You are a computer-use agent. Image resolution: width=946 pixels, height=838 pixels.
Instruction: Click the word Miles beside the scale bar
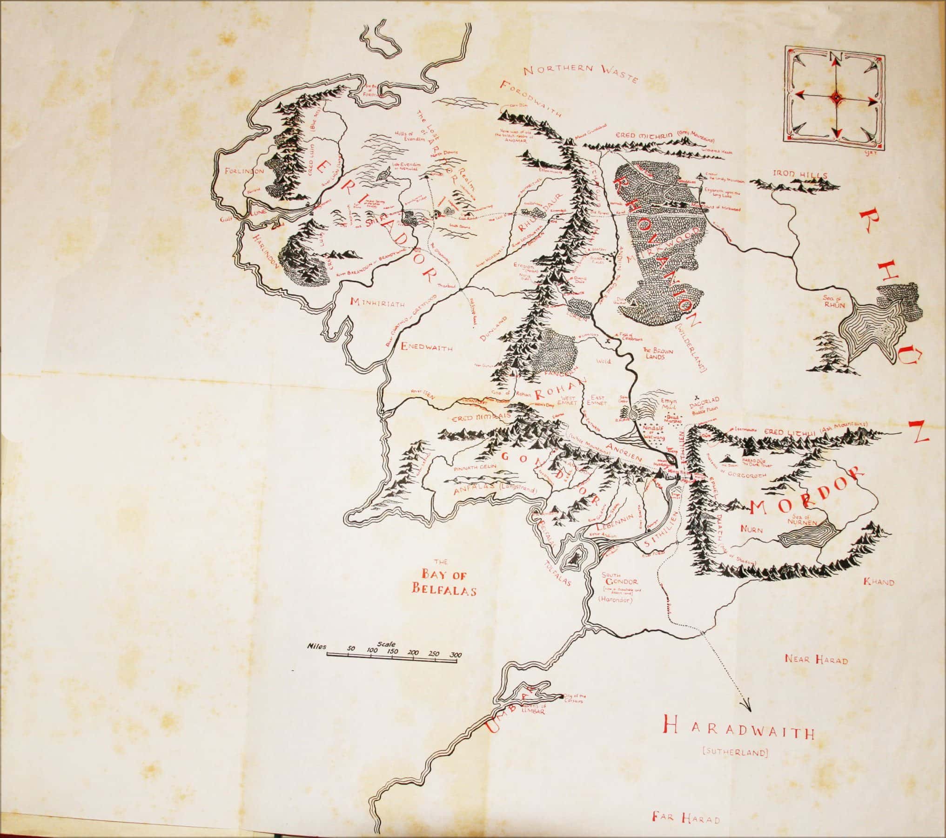(x=316, y=647)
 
